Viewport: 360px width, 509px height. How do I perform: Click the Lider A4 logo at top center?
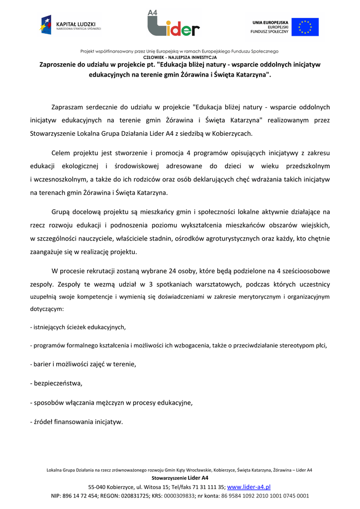(174, 23)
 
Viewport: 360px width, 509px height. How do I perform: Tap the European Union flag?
(305, 27)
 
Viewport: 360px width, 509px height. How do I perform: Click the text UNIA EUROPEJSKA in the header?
(270, 22)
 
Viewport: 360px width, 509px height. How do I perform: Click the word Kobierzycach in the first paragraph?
(231, 133)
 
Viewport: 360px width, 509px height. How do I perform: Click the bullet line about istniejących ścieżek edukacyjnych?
(78, 327)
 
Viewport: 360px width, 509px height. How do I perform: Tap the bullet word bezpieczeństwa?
(58, 383)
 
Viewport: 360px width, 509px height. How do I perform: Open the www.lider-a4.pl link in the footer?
(249, 487)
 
